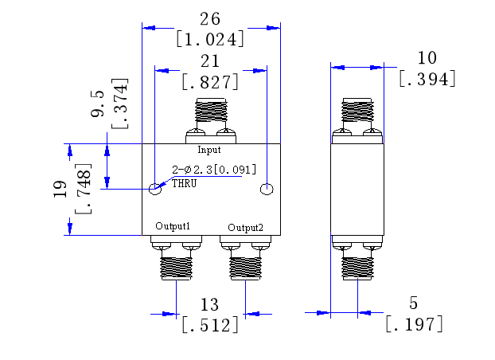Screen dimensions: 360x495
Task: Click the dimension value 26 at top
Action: [210, 18]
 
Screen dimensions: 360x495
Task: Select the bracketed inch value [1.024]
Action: [210, 38]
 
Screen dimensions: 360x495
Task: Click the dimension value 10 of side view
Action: [427, 57]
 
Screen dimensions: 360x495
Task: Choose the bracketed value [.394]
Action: [427, 78]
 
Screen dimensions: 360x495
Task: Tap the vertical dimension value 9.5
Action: [99, 104]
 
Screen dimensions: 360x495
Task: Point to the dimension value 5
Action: [413, 303]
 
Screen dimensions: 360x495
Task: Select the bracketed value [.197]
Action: [414, 324]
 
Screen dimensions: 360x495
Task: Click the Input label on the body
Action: [209, 150]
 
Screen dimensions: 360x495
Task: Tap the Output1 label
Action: [173, 226]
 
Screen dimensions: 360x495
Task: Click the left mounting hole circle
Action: [156, 189]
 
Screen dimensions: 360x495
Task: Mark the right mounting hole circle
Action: [267, 189]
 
